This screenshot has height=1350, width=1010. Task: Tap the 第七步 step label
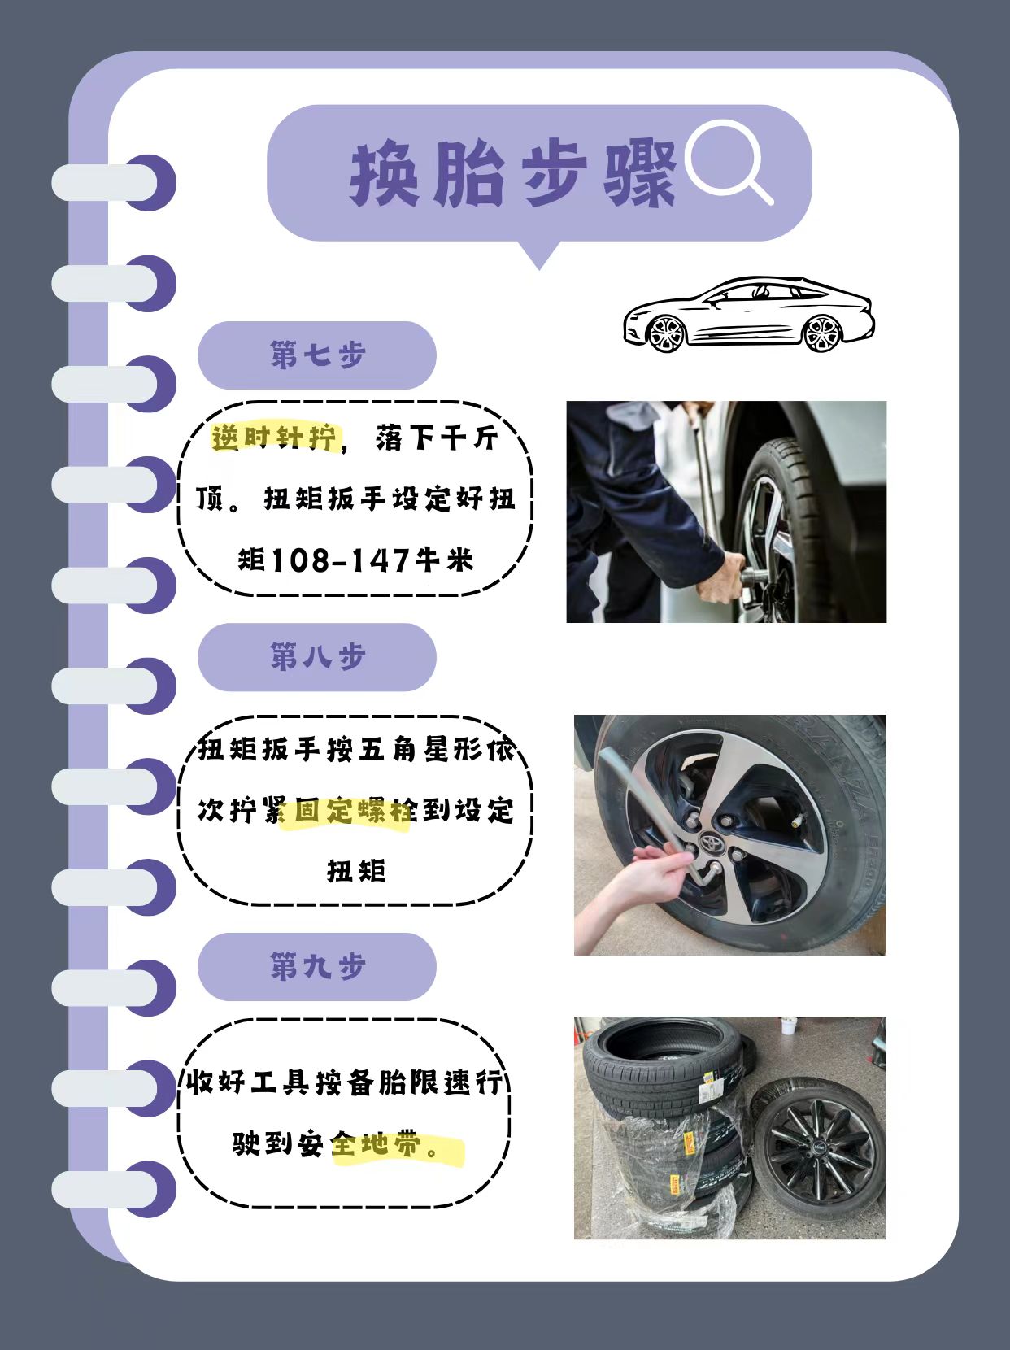point(317,355)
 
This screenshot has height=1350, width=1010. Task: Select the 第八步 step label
point(317,657)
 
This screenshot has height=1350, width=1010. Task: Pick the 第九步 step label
point(317,967)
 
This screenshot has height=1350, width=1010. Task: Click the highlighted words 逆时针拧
point(275,438)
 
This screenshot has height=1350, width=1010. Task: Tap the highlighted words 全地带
point(378,1145)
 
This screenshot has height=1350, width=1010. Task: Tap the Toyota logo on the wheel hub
point(711,843)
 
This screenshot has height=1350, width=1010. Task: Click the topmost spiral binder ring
point(114,182)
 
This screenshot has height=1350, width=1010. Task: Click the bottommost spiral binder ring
point(114,1190)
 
